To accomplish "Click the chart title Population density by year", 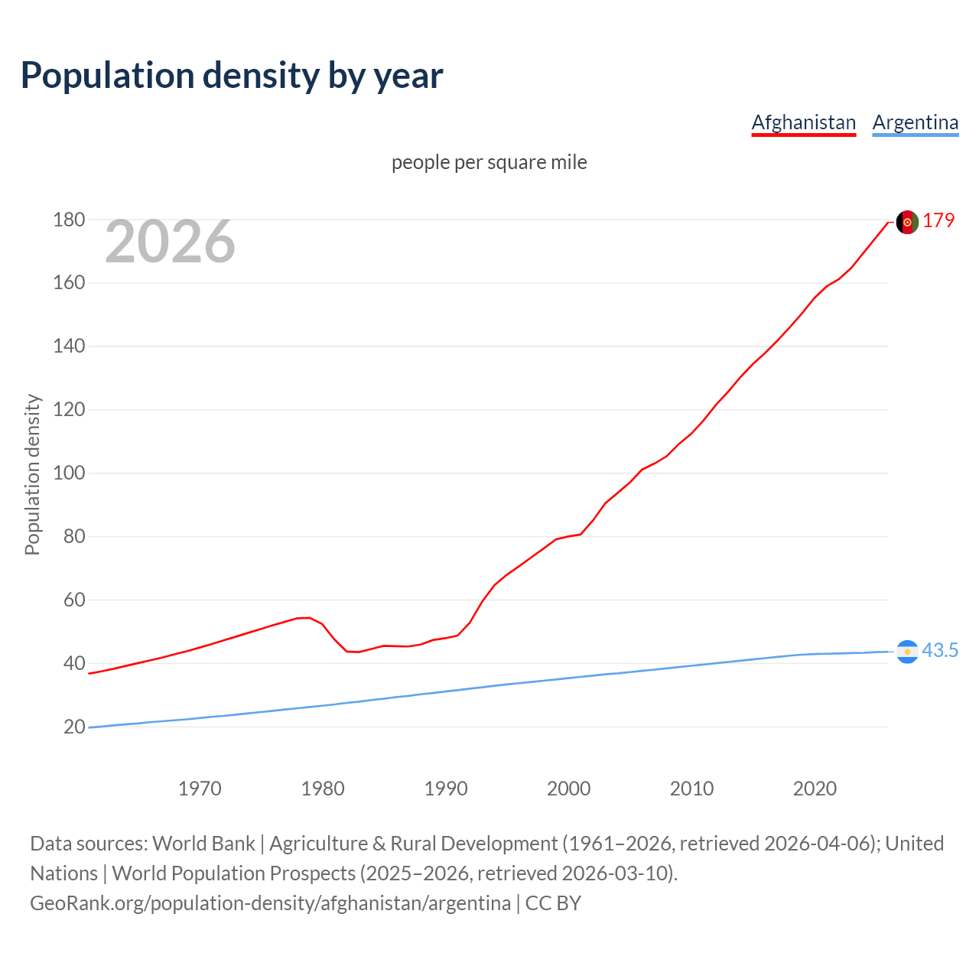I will [x=232, y=76].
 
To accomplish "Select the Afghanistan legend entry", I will [x=803, y=122].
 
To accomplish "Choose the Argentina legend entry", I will [x=915, y=122].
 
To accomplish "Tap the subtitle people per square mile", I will [x=489, y=163].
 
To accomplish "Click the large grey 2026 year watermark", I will [x=170, y=242].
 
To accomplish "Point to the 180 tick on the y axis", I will [x=69, y=220].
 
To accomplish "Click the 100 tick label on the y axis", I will [x=69, y=473].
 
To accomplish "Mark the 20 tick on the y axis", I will [x=74, y=727].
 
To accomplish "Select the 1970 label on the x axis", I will [x=200, y=789].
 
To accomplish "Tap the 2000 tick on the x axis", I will [x=568, y=789].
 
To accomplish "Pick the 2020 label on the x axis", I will [x=815, y=789].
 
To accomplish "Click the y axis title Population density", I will [x=32, y=474].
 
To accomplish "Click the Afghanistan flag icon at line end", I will [x=907, y=222].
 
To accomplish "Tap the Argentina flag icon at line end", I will [x=907, y=652].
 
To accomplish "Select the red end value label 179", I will [x=938, y=221].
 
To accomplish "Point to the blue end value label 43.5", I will [x=940, y=651].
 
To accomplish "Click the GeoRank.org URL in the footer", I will [x=270, y=903].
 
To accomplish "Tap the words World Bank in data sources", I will [x=203, y=844].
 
